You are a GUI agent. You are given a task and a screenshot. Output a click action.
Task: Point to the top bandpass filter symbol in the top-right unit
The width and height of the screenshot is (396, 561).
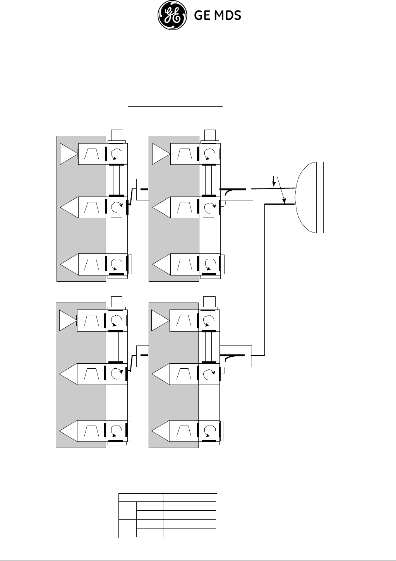point(184,154)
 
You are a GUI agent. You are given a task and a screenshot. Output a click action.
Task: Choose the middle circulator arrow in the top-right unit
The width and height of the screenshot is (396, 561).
point(209,207)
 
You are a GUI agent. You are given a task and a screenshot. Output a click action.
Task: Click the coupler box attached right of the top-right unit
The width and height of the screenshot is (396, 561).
point(237,190)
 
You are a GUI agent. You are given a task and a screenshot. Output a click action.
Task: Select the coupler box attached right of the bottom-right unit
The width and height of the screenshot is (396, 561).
point(236,356)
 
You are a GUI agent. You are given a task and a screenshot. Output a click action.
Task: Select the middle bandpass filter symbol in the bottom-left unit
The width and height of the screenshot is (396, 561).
point(92,374)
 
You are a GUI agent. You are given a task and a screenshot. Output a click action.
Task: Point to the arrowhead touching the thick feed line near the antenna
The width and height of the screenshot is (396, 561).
point(285,202)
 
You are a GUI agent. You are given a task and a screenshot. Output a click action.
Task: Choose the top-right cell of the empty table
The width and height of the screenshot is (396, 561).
point(203,498)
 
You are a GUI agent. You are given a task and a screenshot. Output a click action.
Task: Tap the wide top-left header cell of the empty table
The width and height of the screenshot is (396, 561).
point(141,498)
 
